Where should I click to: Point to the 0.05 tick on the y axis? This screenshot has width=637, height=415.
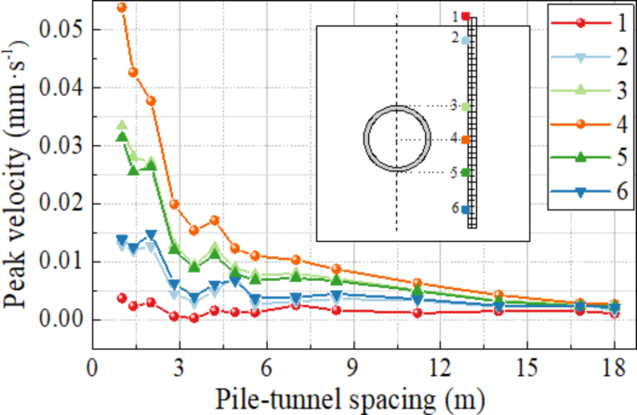[x=60, y=30]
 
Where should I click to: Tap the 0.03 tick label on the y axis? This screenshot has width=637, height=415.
[x=60, y=146]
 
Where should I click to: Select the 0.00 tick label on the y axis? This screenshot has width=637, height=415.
[x=60, y=319]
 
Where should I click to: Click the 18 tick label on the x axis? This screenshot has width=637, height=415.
[x=614, y=366]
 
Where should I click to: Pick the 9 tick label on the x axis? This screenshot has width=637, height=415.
[x=352, y=366]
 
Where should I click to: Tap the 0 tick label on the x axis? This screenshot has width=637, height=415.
[x=91, y=366]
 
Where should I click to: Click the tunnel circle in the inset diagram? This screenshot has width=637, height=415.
[x=397, y=140]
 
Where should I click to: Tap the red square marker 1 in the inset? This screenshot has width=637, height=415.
[x=466, y=16]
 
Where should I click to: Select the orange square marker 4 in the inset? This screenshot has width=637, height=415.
[x=466, y=140]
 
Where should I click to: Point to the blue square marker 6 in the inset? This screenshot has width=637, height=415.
[x=466, y=209]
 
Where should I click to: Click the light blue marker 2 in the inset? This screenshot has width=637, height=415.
[x=466, y=40]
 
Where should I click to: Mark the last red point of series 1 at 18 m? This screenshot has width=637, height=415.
[x=614, y=314]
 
